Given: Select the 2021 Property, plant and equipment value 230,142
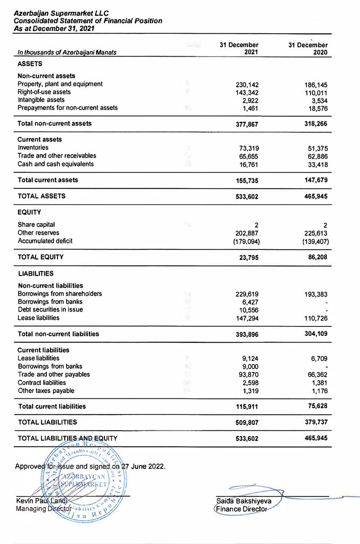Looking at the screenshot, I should pos(247,85).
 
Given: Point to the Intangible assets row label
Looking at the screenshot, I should pos(41,100).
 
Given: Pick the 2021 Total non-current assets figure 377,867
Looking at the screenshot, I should pos(247,124).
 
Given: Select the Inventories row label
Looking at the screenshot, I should pos(33,147).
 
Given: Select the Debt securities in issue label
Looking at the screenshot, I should pos(50,310).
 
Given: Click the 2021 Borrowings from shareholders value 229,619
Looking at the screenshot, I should pos(247,294).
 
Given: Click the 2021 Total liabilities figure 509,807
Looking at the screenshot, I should pos(247,423).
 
